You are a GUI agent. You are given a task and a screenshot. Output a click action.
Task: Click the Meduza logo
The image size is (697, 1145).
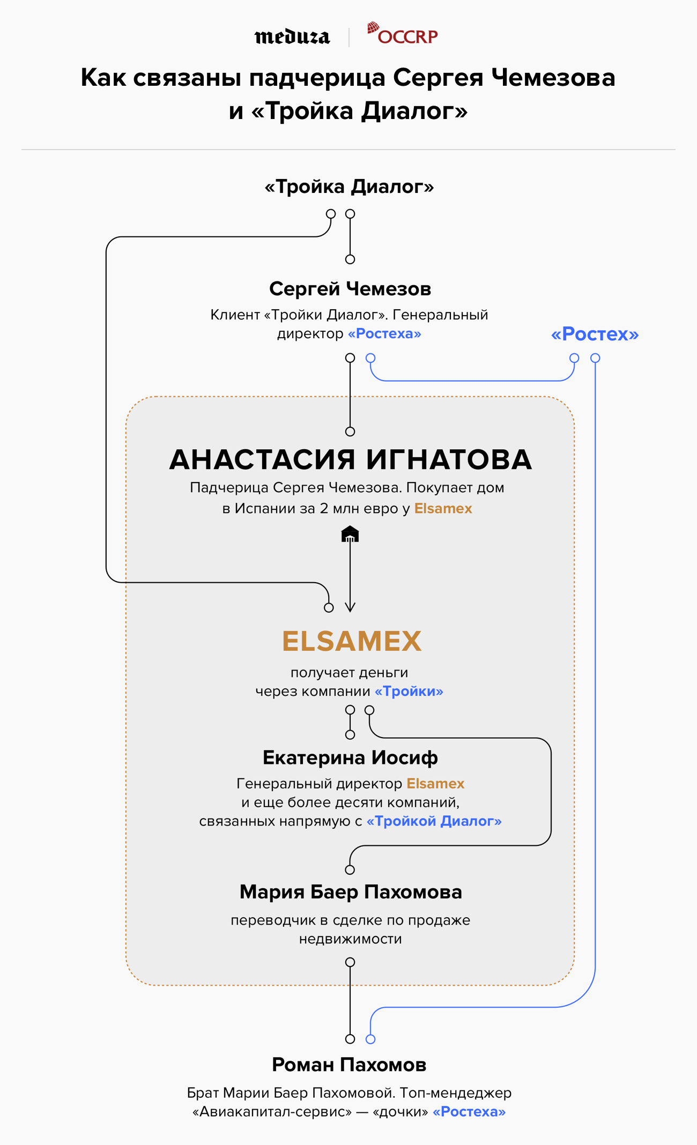coord(292,36)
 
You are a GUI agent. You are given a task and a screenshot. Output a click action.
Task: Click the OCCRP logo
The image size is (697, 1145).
coord(403,34)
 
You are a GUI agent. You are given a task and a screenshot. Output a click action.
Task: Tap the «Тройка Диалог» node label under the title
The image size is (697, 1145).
coord(349,187)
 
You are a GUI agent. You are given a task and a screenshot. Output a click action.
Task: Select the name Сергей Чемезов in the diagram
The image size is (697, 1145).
coord(350,289)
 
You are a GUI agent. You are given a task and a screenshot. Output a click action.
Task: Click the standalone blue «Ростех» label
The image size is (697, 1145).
coord(595,334)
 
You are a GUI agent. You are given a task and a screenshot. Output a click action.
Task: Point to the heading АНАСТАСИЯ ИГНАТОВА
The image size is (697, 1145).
coord(351,460)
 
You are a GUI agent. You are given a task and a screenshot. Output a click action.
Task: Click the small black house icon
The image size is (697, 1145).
coord(350,534)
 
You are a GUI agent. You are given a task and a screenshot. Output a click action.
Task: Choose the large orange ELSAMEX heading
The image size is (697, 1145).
coord(352,641)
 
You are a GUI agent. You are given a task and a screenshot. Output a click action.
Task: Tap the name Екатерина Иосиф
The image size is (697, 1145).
coord(350,757)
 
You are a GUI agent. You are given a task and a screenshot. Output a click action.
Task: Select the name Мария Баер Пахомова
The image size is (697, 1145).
coord(351,892)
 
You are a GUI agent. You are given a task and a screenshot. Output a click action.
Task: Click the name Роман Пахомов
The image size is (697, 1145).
coord(349,1065)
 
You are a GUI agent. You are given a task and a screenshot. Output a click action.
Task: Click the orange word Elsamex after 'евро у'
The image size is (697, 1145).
coord(443,508)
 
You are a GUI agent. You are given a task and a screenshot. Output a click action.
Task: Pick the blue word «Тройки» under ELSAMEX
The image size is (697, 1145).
coord(409,692)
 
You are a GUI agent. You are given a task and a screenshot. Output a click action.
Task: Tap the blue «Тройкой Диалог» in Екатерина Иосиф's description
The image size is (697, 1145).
coord(434,821)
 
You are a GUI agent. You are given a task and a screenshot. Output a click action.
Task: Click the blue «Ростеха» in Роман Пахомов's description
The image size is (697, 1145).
coord(469,1112)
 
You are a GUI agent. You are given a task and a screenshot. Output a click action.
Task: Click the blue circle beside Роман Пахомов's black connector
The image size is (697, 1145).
coord(370,1039)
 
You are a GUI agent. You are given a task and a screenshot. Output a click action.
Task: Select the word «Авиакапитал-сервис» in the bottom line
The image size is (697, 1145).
coord(272,1112)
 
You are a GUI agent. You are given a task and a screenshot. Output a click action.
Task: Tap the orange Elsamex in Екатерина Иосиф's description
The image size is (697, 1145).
coord(435,784)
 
